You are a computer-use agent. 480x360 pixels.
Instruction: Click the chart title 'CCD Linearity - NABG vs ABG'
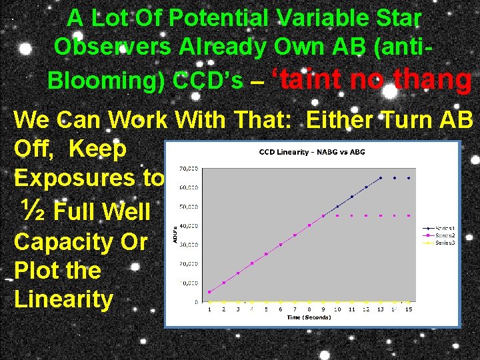click(312, 153)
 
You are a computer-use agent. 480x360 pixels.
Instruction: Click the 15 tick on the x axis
click(408, 309)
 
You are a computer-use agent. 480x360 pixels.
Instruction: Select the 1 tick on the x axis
click(209, 309)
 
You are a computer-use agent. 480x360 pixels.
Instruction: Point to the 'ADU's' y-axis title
click(175, 235)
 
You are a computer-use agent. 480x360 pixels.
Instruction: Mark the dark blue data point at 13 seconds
click(380, 178)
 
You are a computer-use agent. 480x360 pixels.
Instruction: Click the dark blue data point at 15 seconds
click(408, 178)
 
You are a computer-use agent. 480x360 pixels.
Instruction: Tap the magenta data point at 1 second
click(209, 292)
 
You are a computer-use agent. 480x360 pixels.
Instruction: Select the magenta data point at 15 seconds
click(408, 215)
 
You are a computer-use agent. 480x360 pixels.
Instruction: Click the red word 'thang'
click(433, 79)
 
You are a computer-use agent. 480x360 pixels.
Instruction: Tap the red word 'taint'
click(310, 79)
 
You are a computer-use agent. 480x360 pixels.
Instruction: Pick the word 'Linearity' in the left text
click(63, 299)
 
